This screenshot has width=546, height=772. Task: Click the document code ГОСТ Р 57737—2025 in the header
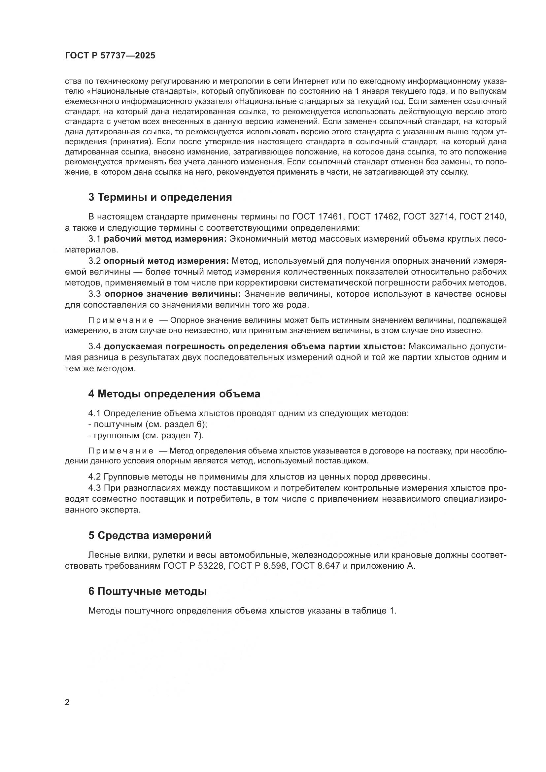pos(110,56)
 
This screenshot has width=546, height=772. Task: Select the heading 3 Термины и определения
pos(160,197)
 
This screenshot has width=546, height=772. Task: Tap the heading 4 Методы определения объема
pos(174,394)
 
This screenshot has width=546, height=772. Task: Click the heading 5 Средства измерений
pos(150,535)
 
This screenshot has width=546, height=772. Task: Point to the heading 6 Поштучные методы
pos(147,591)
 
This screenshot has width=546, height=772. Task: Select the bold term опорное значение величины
pos(173,294)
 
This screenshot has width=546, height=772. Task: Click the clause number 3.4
pos(94,347)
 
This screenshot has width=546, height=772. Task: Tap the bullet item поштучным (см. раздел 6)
pos(148,424)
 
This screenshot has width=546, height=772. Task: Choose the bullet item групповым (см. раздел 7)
pos(146,435)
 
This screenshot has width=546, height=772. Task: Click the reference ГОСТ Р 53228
pos(193,566)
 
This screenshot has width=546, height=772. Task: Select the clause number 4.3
pos(94,488)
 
